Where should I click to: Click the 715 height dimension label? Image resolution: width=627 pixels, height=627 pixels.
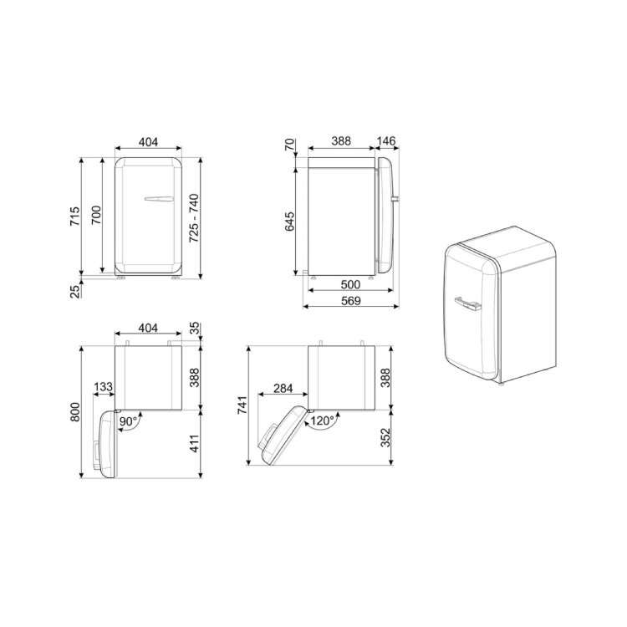[x=75, y=217]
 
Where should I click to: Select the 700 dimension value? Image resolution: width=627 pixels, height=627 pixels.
[x=96, y=215]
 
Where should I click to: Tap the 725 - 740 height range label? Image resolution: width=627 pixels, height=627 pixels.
[x=194, y=218]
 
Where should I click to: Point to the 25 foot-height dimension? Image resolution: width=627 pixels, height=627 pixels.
[x=75, y=292]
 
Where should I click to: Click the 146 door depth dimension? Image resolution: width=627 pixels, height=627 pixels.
[x=386, y=141]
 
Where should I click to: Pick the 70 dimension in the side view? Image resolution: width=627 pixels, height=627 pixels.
[x=289, y=144]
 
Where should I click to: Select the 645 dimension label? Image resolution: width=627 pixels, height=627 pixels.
[x=289, y=222]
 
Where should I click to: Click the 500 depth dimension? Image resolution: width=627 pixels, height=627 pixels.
[x=350, y=284]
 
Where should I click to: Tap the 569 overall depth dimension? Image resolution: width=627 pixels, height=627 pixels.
[x=350, y=301]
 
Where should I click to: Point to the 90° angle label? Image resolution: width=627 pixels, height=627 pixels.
[x=128, y=421]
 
